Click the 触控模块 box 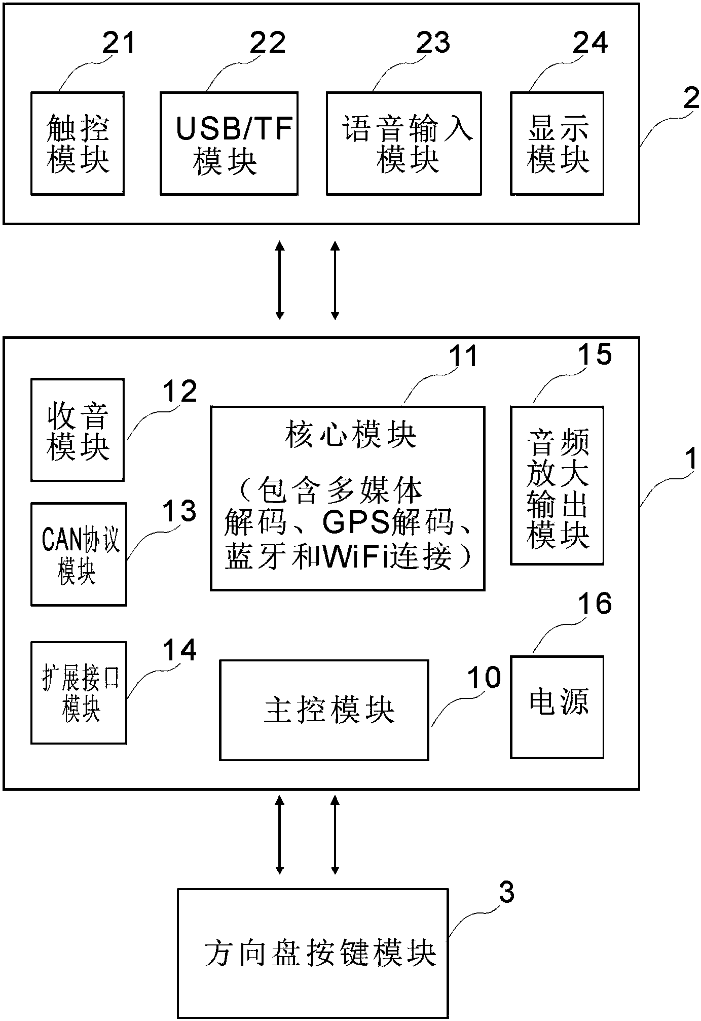point(78,144)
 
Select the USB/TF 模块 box point(229,144)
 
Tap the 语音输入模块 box point(403,144)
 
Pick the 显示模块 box point(557,144)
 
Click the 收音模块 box point(78,430)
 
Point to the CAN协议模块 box point(79,554)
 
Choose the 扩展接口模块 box point(79,692)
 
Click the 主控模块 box point(324,710)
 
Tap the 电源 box point(557,707)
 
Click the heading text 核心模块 point(350,435)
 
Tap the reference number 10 point(484,678)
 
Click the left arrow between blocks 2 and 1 point(279,280)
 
